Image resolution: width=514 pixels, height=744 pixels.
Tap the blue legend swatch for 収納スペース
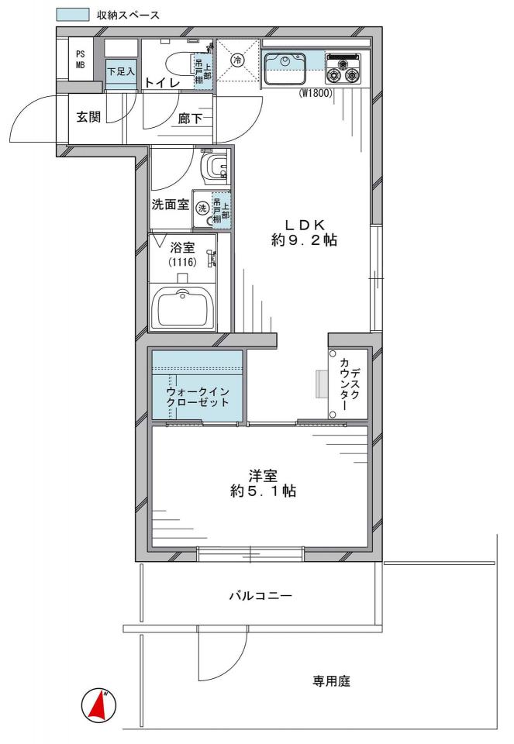[73, 14]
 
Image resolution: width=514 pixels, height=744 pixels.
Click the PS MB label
[80, 60]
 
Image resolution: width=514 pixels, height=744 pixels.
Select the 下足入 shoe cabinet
[120, 72]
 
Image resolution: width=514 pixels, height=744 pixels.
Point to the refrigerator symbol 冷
[238, 60]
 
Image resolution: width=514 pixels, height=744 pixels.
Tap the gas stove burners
[342, 70]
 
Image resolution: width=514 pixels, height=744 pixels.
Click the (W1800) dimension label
[315, 94]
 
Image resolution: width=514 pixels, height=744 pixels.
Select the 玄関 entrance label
[88, 117]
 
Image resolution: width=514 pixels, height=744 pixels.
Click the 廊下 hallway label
[190, 118]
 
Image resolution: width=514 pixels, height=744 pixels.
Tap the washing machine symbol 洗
[202, 208]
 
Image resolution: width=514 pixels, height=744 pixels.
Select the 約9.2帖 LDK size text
[304, 240]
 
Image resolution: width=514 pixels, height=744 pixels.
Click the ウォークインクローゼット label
[198, 397]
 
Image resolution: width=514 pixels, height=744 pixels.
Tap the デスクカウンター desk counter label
[349, 384]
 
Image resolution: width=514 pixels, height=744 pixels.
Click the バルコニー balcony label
[260, 595]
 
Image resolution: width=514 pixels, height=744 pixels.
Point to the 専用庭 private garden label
[331, 681]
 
